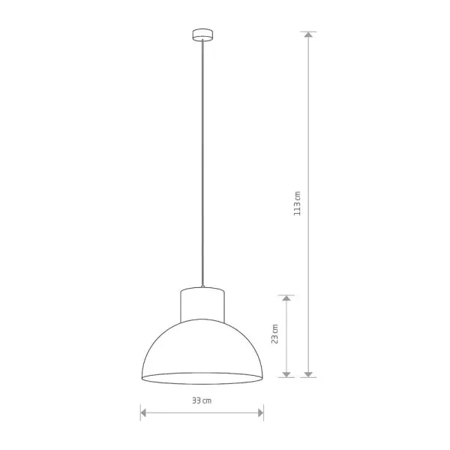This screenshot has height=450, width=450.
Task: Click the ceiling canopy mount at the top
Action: click(x=202, y=34)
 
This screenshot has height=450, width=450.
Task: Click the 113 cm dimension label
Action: click(x=297, y=203)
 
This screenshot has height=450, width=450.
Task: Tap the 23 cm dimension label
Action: click(x=274, y=334)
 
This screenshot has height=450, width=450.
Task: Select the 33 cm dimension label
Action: click(x=202, y=400)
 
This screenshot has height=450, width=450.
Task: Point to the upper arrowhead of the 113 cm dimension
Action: click(x=308, y=34)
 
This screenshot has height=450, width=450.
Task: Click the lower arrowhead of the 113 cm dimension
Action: click(x=308, y=374)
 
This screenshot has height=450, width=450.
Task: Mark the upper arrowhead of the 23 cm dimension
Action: click(x=286, y=298)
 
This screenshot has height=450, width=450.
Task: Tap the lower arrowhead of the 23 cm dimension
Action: click(x=286, y=374)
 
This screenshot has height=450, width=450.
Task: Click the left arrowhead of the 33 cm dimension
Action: click(x=143, y=413)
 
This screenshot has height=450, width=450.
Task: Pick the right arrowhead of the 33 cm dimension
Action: click(x=260, y=413)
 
